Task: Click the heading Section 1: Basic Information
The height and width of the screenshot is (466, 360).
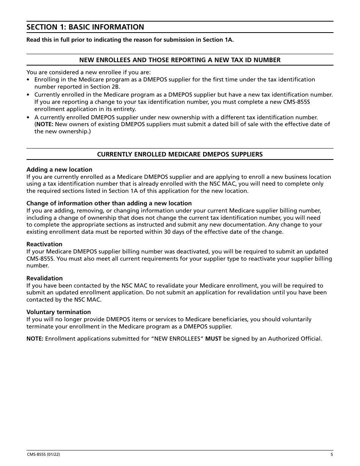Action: (x=85, y=27)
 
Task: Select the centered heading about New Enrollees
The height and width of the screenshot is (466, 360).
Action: (x=180, y=60)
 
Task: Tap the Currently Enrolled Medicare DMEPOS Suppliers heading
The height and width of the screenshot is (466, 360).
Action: (x=180, y=154)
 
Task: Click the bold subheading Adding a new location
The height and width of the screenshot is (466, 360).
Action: (x=59, y=169)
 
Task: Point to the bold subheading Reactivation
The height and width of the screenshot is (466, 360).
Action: (x=44, y=244)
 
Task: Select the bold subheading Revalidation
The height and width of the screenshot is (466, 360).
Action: (x=44, y=278)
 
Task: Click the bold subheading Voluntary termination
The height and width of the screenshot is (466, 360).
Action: (x=58, y=312)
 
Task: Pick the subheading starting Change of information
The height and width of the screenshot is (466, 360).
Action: (x=109, y=203)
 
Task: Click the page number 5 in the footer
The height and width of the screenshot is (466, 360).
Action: (x=332, y=455)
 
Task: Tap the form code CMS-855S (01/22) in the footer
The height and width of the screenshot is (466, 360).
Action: (x=43, y=455)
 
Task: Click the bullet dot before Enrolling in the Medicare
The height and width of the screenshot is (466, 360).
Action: (x=28, y=80)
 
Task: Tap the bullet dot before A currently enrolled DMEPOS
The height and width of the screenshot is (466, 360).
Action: (x=28, y=118)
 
